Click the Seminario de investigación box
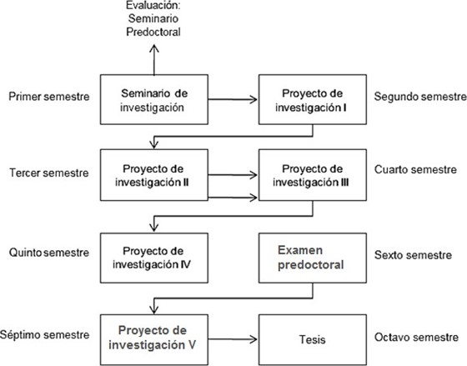coord(154,99)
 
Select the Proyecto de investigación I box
coord(313,99)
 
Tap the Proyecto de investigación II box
coord(154,175)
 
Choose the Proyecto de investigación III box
coord(313,175)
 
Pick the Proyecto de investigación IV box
coord(154,258)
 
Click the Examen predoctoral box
coord(313,258)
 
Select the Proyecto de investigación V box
coord(154,340)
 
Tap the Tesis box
coord(313,340)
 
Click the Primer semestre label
coord(49,97)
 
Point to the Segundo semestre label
coord(420,97)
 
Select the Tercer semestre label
coord(49,173)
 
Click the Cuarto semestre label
coord(415,169)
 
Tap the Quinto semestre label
coord(49,253)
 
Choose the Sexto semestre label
coord(413,255)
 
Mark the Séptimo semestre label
coord(45,334)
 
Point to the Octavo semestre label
coord(416,337)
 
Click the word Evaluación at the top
coord(153,5)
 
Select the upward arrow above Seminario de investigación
coord(154,59)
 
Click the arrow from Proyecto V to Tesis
coord(233,339)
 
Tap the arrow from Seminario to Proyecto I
coord(233,99)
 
